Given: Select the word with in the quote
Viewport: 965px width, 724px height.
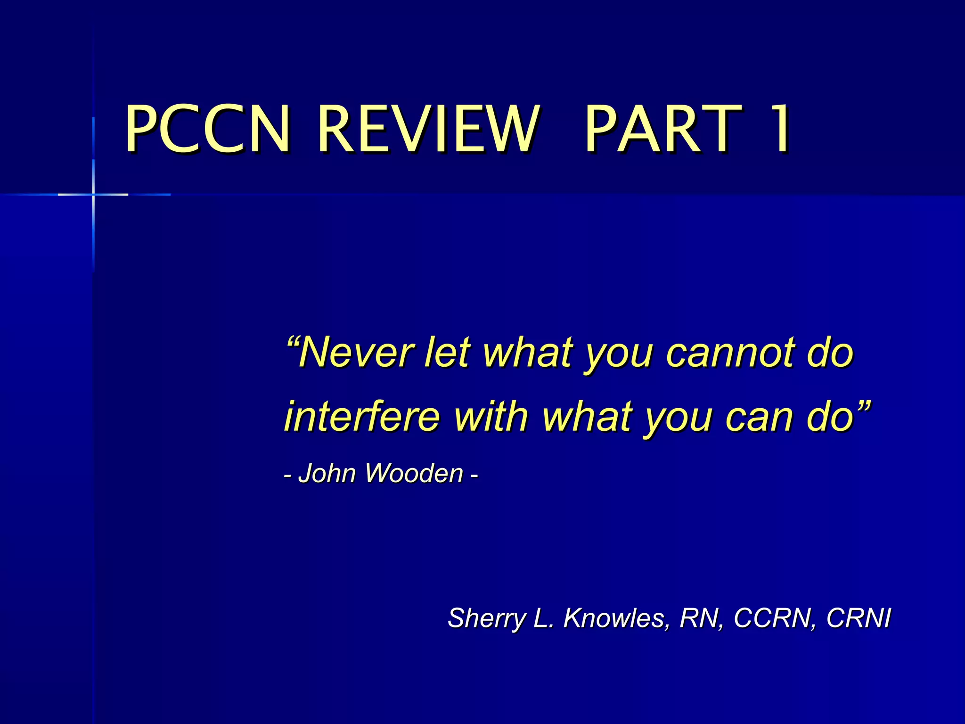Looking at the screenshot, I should pyautogui.click(x=491, y=416).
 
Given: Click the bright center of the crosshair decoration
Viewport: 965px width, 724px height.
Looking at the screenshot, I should pyautogui.click(x=93, y=194).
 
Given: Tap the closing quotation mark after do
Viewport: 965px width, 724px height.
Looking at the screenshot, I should pyautogui.click(x=864, y=404).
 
